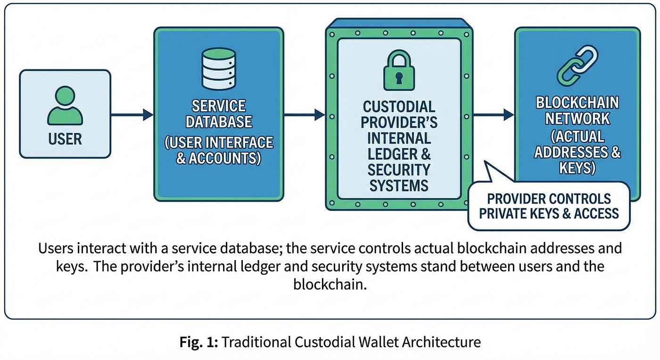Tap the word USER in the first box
coord(65,139)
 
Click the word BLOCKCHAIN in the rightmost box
coord(577,103)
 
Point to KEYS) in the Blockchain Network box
coord(577,168)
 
